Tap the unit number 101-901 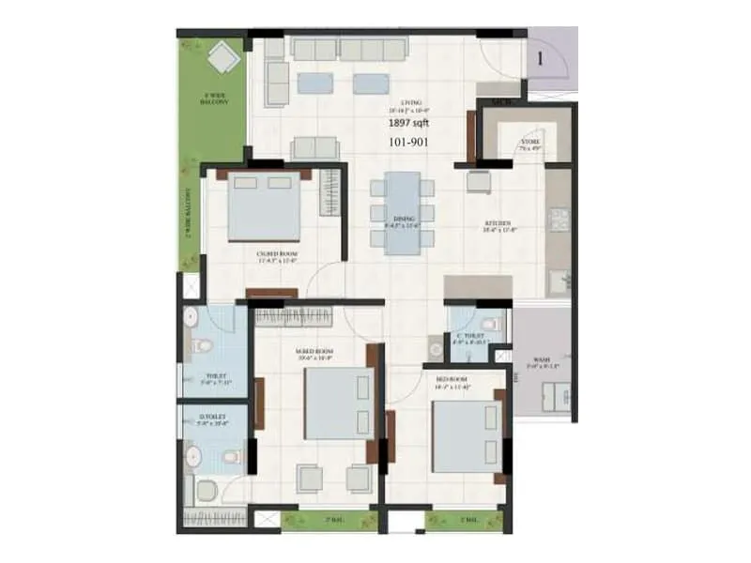pos(409,144)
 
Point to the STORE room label pos(529,143)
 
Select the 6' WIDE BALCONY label pos(214,99)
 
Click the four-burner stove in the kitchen pos(559,220)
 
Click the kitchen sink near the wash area pos(560,280)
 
